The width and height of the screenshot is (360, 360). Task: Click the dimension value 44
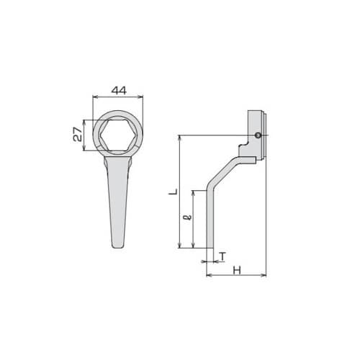119,91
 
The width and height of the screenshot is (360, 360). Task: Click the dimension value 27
78,135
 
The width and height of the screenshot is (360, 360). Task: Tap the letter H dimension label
237,271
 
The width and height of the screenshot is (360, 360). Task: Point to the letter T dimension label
223,256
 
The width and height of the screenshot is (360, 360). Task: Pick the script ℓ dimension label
189,217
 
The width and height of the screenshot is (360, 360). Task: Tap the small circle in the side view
258,135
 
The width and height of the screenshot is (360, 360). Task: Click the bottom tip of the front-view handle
118,248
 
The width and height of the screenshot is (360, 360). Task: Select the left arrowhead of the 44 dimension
94,96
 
